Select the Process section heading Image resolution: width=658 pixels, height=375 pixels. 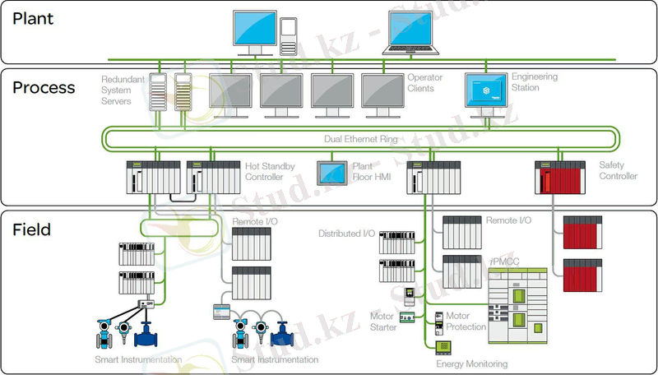pyautogui.click(x=44, y=87)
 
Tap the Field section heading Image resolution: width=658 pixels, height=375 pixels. pyautogui.click(x=31, y=229)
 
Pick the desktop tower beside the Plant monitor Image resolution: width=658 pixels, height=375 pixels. pyautogui.click(x=288, y=35)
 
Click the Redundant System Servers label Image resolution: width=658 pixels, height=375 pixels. pyautogui.click(x=122, y=89)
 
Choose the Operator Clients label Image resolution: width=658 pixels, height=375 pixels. pyautogui.click(x=425, y=82)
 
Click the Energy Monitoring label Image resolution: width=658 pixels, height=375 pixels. pyautogui.click(x=471, y=363)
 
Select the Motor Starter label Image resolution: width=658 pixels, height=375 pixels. pyautogui.click(x=383, y=322)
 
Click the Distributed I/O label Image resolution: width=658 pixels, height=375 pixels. pyautogui.click(x=346, y=234)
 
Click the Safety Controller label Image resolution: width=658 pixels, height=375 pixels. pyautogui.click(x=618, y=171)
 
